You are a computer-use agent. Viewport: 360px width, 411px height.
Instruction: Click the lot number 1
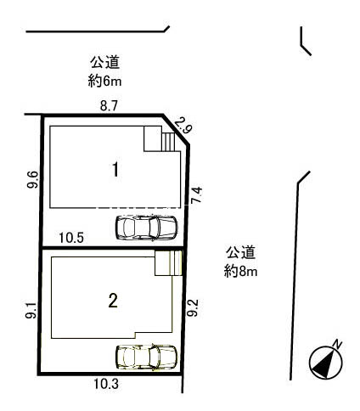[115, 170]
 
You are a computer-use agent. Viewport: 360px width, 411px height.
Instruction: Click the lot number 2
[113, 301]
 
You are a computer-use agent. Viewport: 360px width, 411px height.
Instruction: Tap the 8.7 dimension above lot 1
[109, 106]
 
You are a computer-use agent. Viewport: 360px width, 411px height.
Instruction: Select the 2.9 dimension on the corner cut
[183, 126]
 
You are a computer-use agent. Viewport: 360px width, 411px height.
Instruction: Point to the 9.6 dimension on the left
[32, 180]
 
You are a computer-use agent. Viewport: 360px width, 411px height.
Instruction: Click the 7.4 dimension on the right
[197, 194]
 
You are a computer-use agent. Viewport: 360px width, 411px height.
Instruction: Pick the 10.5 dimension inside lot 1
[71, 238]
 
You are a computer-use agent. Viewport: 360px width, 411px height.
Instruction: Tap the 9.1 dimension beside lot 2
[31, 310]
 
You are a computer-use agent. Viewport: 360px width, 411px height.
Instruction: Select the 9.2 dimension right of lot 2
[193, 308]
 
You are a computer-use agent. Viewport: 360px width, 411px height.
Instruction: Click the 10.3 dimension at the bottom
[106, 384]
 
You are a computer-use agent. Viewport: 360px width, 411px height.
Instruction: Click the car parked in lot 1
[146, 228]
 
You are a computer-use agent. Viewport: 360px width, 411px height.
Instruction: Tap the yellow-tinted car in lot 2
[146, 357]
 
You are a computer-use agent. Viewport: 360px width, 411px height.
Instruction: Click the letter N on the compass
[337, 344]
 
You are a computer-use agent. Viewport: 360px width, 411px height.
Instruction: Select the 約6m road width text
[104, 82]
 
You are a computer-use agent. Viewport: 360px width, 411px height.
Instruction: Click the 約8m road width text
[240, 272]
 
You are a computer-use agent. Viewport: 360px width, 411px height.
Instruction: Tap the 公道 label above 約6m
[104, 63]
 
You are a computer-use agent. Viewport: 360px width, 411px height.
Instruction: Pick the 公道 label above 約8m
[240, 252]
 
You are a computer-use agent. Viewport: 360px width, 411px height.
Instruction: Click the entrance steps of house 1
[168, 142]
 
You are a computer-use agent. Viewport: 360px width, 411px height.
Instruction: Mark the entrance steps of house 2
[176, 262]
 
